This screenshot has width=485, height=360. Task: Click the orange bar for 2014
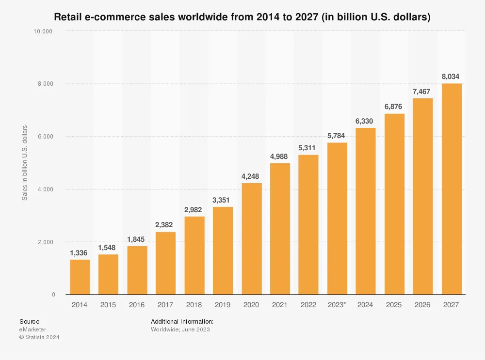tap(80, 277)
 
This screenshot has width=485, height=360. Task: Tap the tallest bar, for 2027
tap(452, 189)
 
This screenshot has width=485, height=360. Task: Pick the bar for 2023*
tap(337, 219)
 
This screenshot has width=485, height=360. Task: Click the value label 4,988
tap(280, 156)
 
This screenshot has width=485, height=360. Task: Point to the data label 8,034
tap(452, 76)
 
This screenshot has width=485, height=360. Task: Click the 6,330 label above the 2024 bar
tap(366, 120)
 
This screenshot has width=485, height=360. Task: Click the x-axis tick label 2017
tap(166, 305)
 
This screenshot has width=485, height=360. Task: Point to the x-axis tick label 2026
tap(423, 305)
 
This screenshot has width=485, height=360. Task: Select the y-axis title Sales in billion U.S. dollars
tap(24, 163)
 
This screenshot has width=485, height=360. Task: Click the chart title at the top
tap(242, 17)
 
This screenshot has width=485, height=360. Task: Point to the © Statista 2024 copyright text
tap(39, 337)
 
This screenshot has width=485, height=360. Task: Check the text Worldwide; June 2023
tap(180, 329)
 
